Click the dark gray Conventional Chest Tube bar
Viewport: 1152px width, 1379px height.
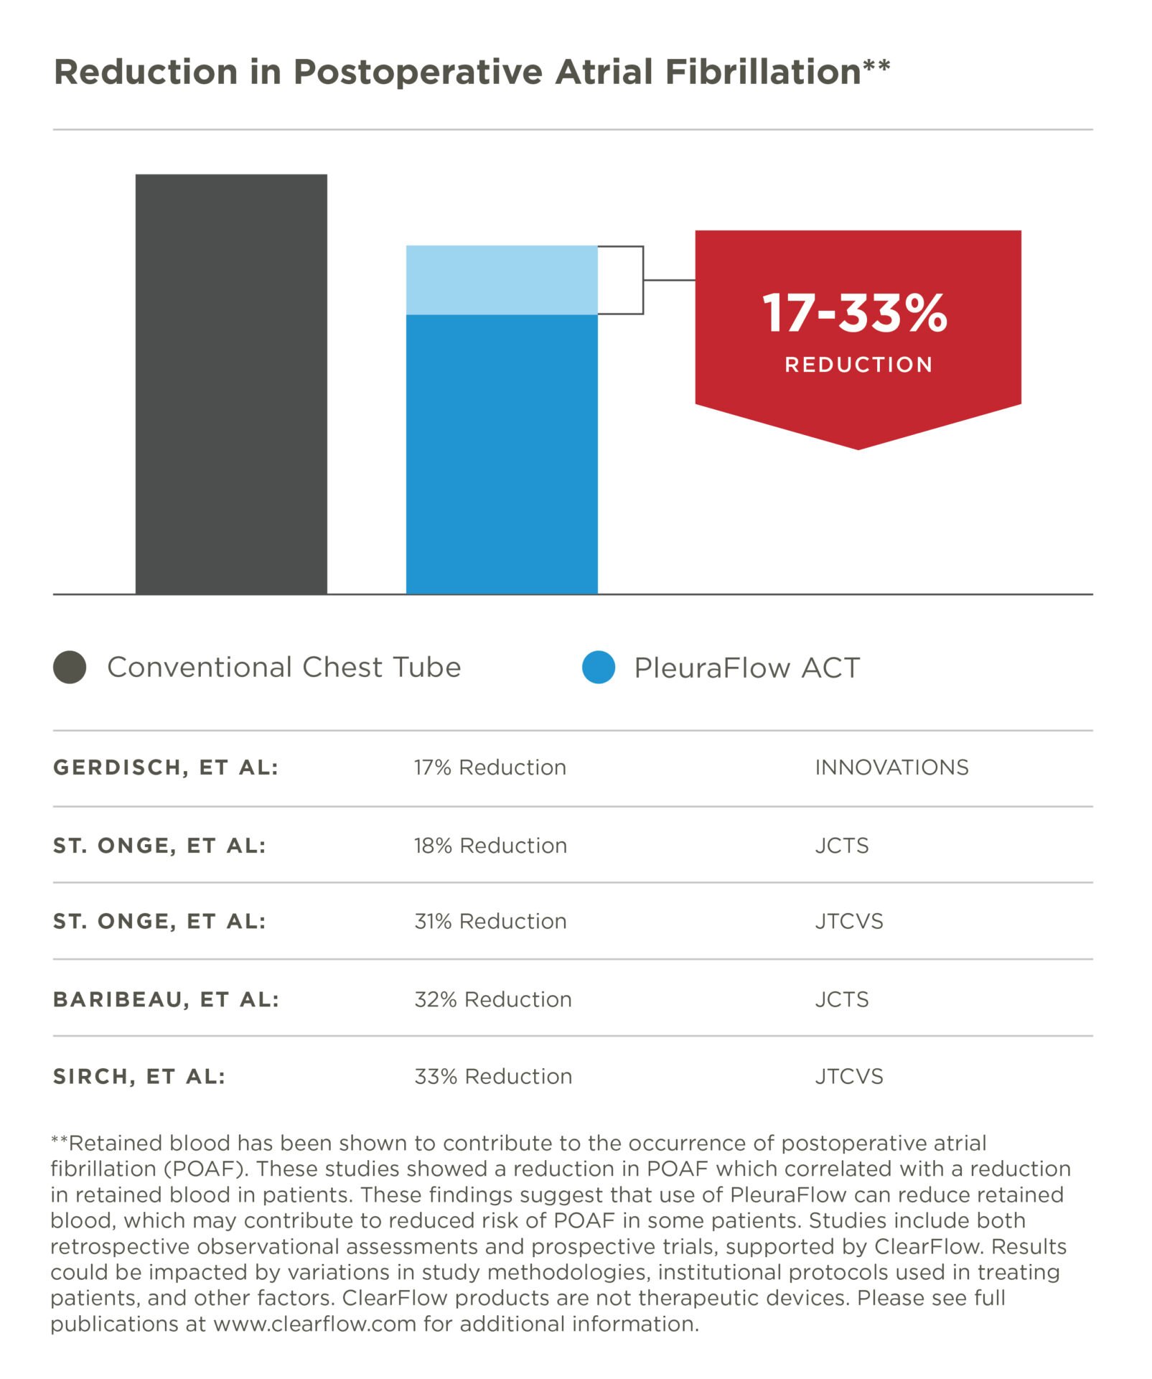231,384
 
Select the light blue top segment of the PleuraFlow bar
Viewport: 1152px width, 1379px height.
502,280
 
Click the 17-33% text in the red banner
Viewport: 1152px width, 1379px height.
855,314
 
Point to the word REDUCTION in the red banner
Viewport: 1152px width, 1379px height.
858,365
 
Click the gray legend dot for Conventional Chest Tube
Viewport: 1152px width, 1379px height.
70,667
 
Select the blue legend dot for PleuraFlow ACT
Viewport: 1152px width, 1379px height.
599,667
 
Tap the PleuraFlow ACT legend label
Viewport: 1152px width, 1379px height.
746,668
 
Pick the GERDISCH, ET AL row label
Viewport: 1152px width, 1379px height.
166,767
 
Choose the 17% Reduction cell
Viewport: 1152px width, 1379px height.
490,767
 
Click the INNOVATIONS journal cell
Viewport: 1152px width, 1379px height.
891,767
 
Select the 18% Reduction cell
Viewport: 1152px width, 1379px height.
490,846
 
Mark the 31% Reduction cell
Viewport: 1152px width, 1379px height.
490,921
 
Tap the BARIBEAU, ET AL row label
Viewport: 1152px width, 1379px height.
166,999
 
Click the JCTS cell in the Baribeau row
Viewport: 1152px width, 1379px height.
841,999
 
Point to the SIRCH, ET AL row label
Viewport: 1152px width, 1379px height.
139,1076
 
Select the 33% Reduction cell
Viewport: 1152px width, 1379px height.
493,1076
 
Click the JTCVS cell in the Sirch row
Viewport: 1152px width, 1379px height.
848,1076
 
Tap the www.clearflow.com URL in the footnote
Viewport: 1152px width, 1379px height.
314,1323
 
